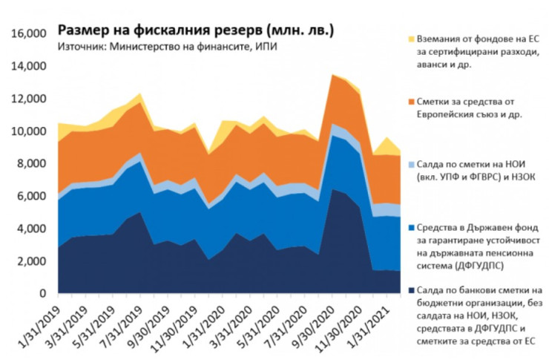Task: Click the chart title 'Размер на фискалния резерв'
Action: click(x=196, y=30)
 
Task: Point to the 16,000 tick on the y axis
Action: click(x=27, y=34)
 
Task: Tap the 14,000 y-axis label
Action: click(x=27, y=67)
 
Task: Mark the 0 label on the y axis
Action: click(x=42, y=294)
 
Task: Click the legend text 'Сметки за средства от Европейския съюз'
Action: click(x=475, y=108)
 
